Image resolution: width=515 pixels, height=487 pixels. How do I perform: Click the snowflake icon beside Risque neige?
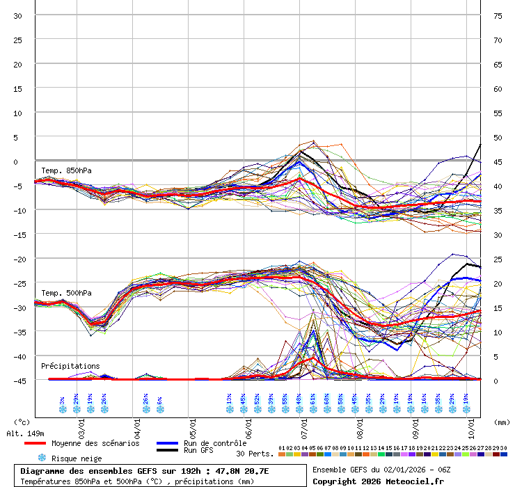tap(42, 458)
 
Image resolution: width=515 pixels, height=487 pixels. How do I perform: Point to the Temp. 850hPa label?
tap(66, 170)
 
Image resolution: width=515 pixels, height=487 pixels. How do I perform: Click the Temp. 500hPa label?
tap(66, 293)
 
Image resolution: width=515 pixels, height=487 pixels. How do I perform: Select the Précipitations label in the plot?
tap(70, 366)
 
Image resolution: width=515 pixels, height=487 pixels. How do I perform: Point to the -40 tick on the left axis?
tap(18, 356)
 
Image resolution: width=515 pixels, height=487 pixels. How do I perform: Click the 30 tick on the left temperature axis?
tap(18, 15)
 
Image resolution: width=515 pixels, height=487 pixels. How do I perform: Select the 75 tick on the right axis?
tap(498, 15)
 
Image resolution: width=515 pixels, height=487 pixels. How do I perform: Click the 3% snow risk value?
tap(62, 400)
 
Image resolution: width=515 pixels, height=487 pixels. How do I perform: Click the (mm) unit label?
tap(500, 422)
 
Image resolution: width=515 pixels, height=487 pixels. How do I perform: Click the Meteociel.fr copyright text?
tap(378, 481)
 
